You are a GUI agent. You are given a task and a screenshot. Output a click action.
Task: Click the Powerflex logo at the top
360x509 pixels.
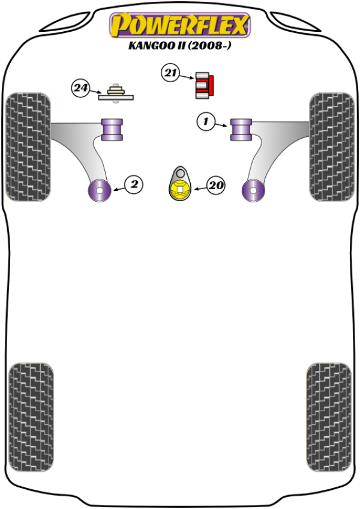tap(179, 25)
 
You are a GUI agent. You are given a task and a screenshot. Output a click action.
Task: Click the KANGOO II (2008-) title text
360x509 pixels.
tap(180, 45)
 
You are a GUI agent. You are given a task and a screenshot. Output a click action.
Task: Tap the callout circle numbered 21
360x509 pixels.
tap(170, 73)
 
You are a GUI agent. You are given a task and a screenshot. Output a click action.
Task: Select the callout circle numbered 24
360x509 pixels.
tap(80, 88)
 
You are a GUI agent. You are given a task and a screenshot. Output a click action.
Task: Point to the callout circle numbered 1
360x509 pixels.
tap(206, 122)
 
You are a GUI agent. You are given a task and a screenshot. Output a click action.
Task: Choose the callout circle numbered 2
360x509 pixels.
tap(134, 184)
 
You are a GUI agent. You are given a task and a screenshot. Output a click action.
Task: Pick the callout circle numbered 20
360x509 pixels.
tap(216, 185)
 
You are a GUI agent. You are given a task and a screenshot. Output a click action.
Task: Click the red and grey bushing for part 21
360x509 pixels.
tap(205, 85)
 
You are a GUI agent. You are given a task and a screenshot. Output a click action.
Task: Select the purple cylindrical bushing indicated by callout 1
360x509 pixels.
tap(241, 130)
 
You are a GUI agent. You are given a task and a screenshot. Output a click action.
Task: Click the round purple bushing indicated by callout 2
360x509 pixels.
tap(100, 190)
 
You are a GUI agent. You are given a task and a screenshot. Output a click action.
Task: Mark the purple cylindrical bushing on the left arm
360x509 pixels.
tap(112, 130)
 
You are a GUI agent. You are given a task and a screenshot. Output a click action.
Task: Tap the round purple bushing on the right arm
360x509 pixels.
tap(253, 190)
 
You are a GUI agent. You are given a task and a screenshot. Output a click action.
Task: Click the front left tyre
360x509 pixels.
tap(28, 146)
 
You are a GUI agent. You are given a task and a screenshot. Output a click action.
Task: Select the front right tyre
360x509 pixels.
tap(332, 146)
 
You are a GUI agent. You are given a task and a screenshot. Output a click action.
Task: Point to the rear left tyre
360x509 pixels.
tap(31, 417)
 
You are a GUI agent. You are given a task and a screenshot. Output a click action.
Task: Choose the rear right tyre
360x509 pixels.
tap(329, 417)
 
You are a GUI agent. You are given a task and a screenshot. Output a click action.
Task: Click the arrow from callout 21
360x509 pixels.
tap(187, 77)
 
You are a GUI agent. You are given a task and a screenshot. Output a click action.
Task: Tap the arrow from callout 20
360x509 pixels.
tap(200, 188)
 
